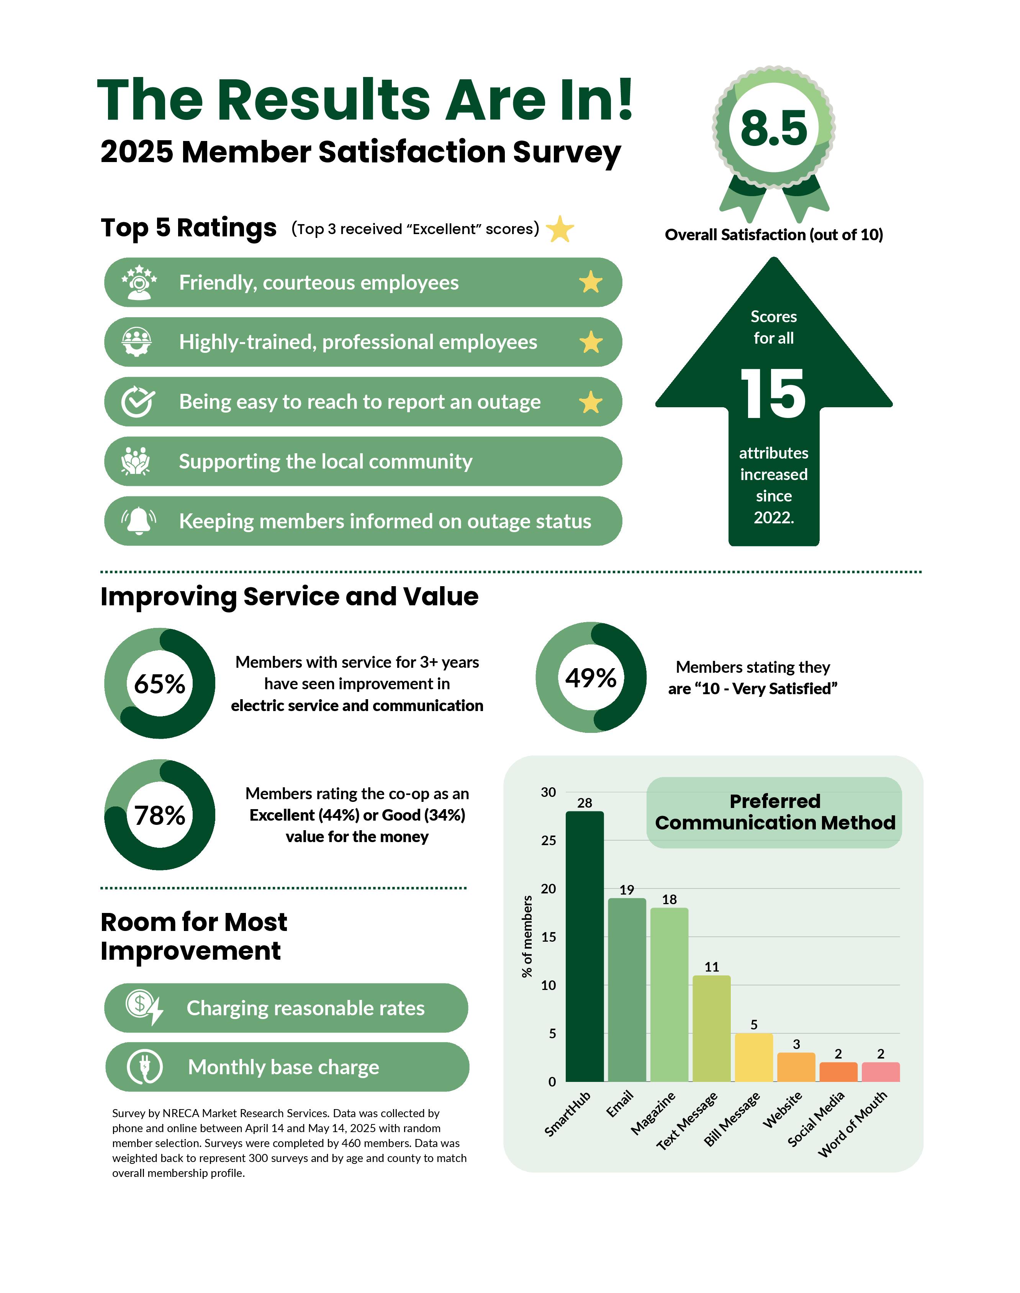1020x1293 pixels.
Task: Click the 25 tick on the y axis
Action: click(x=548, y=840)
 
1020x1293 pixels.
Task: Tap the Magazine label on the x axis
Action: click(x=653, y=1112)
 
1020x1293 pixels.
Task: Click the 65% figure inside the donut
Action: click(x=159, y=684)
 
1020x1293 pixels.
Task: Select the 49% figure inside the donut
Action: click(x=591, y=678)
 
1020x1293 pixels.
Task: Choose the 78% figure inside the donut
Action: click(x=159, y=815)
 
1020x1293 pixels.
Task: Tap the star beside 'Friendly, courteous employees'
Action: click(x=591, y=282)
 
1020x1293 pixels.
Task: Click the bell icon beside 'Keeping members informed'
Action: click(x=139, y=520)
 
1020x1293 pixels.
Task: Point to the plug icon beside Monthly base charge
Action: click(x=144, y=1067)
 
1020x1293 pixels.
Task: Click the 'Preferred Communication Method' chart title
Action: click(x=774, y=812)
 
